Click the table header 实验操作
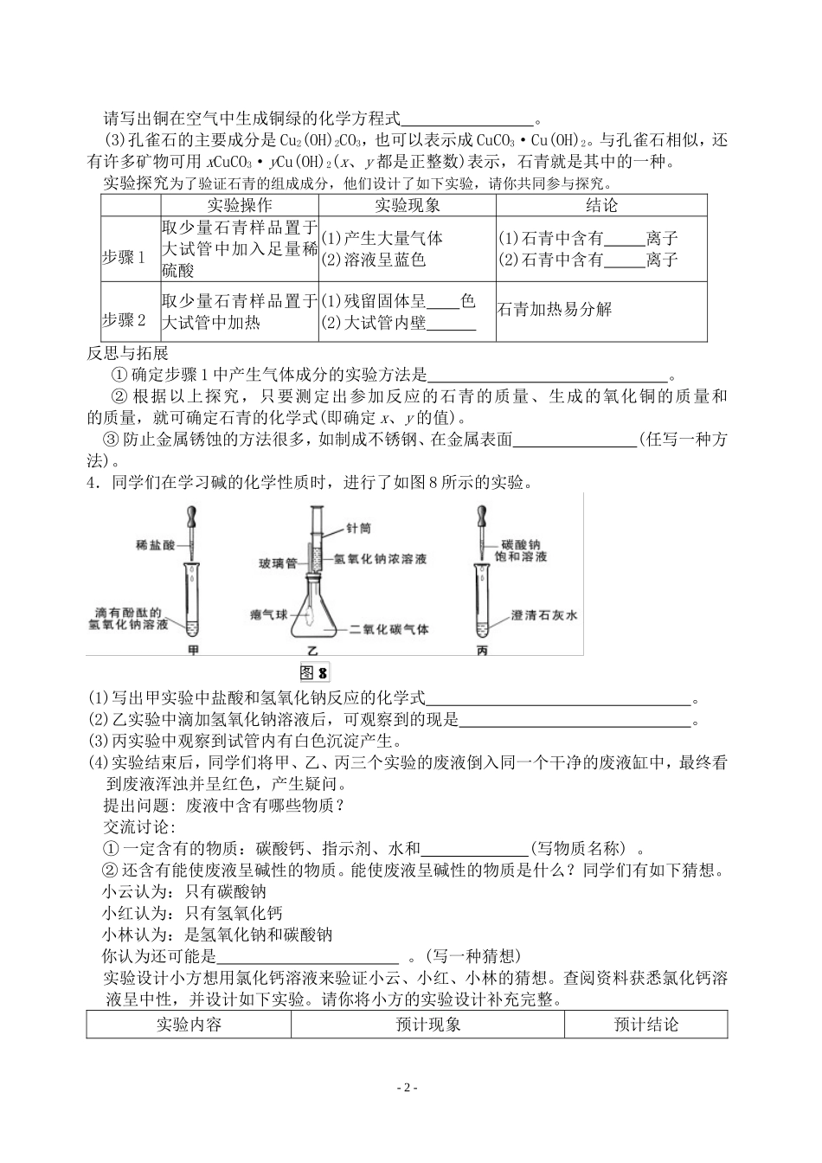click(x=240, y=205)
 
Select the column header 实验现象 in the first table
click(x=408, y=205)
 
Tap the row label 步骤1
click(x=125, y=258)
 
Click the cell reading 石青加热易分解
click(x=555, y=309)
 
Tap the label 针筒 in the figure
click(x=358, y=527)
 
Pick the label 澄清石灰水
click(x=543, y=615)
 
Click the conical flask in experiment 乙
click(x=316, y=615)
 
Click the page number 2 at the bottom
click(x=410, y=1088)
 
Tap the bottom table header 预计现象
click(x=427, y=1025)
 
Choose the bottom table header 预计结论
click(x=645, y=1025)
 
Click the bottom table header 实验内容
click(x=189, y=1025)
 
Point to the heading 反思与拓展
click(x=128, y=353)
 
